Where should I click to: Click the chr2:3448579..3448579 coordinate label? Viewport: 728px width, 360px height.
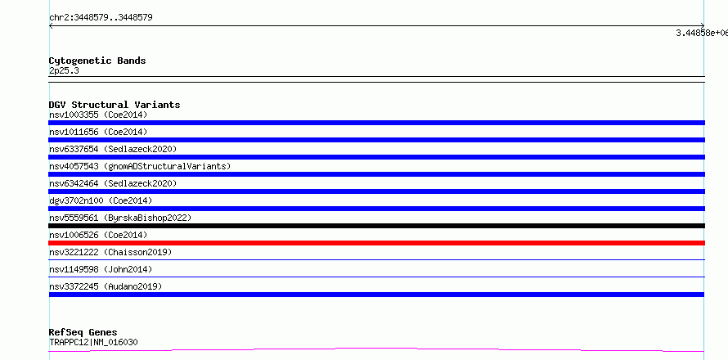(x=101, y=18)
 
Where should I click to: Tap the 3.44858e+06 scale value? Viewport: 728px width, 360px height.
(x=702, y=33)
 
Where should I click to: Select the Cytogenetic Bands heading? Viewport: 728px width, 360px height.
(x=97, y=61)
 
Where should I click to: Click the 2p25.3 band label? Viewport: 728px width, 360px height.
(x=64, y=70)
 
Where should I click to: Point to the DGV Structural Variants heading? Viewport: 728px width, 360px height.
(x=115, y=105)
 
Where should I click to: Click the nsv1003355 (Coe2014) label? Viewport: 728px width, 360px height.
(x=98, y=115)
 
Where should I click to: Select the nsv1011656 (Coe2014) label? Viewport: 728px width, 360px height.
(x=98, y=132)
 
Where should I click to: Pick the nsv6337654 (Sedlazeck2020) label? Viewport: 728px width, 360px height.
(x=113, y=149)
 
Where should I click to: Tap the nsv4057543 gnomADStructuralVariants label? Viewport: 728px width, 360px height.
(x=140, y=166)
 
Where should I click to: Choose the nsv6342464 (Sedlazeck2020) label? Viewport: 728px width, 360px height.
(x=113, y=183)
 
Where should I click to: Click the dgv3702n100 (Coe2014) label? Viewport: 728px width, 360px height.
(x=101, y=200)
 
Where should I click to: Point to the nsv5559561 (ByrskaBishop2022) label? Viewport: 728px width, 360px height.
(x=120, y=218)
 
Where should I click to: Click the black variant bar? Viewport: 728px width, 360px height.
(x=376, y=226)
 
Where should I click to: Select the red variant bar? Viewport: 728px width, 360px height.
(x=376, y=243)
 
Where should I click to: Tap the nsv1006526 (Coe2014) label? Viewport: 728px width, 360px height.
(x=98, y=235)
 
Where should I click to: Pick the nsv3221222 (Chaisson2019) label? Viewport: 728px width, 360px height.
(x=110, y=252)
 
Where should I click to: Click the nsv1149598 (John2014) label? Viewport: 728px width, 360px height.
(x=101, y=269)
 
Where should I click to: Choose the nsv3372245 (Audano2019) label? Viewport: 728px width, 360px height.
(x=106, y=286)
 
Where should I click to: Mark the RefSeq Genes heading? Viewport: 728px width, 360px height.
(x=83, y=333)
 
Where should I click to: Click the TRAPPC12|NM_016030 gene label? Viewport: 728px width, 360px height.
(x=93, y=343)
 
